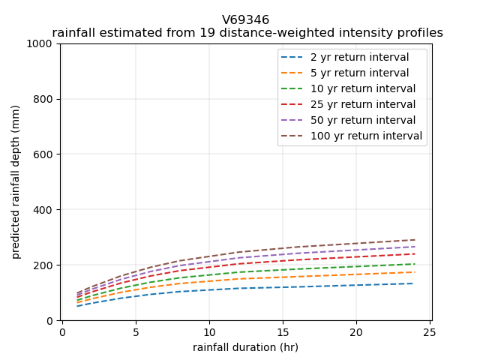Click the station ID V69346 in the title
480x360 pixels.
tap(246, 20)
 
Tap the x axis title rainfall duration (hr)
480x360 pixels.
tap(246, 347)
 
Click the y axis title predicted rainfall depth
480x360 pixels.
tap(16, 182)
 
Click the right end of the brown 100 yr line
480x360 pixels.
tap(414, 240)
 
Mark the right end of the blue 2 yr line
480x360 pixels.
tap(414, 283)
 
